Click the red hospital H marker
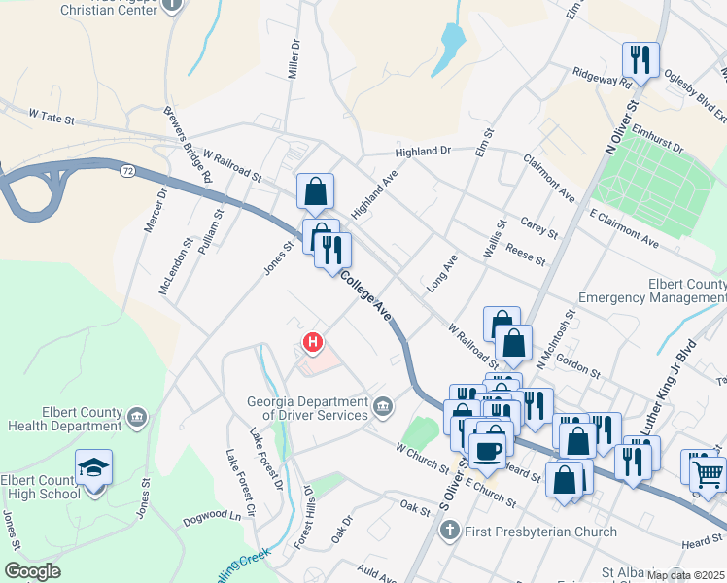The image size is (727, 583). (313, 342)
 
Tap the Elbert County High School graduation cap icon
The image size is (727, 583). (94, 467)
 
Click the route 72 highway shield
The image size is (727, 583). (128, 171)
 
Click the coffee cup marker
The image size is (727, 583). (487, 451)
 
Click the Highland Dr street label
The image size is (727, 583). (424, 151)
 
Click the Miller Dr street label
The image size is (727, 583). (293, 60)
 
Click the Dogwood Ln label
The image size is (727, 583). (221, 517)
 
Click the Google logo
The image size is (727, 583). (32, 571)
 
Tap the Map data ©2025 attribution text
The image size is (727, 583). (685, 575)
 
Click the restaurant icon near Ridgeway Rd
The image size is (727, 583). (640, 60)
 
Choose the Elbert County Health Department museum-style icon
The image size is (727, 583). (137, 418)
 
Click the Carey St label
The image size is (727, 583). (538, 227)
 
